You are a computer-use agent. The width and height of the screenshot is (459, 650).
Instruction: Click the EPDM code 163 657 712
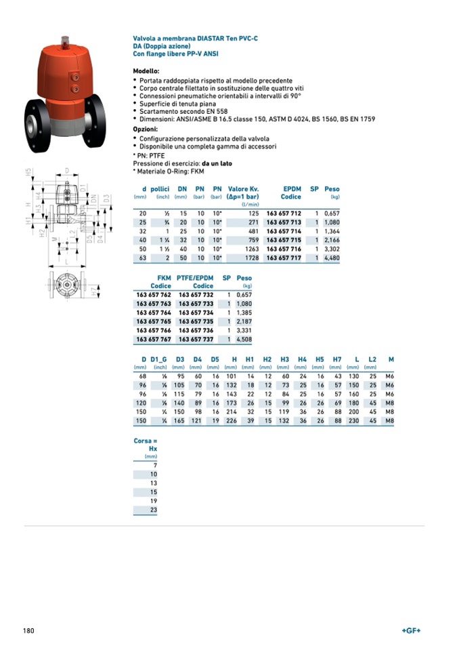(x=283, y=214)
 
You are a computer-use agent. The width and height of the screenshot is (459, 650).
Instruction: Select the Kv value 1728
(x=250, y=258)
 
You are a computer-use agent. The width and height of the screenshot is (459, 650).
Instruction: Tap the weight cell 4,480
(x=330, y=258)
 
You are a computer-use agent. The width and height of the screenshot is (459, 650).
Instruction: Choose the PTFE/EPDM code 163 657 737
(x=196, y=339)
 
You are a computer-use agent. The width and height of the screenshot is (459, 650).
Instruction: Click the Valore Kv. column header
(x=243, y=189)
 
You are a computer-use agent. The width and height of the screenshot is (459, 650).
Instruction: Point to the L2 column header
(x=372, y=359)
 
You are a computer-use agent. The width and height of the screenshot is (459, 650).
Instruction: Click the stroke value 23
(x=153, y=509)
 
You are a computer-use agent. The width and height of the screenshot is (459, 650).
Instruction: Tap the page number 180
(x=28, y=631)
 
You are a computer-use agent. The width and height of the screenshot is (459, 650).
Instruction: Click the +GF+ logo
(x=411, y=631)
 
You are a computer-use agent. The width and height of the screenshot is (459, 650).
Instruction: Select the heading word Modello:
(x=146, y=70)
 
